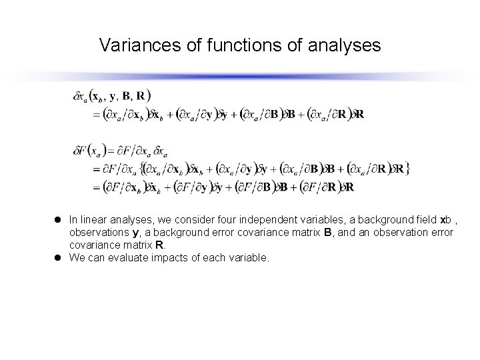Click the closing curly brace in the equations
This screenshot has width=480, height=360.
(407, 169)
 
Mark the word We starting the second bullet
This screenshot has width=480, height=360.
(77, 257)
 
